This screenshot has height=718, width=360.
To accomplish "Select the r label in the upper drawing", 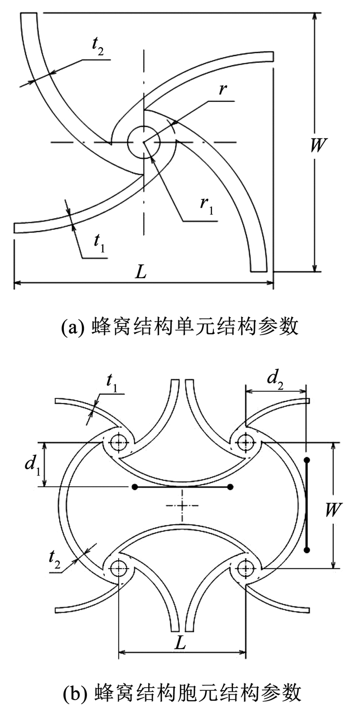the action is tap(221, 90).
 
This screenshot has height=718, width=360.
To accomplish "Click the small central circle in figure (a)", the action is tap(143, 142).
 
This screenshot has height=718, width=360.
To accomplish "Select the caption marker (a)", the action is tap(72, 326).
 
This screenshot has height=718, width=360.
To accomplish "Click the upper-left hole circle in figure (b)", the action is tap(119, 443).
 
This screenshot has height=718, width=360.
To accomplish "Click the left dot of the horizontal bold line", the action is tap(134, 487).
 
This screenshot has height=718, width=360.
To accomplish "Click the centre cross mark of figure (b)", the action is tap(182, 506).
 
